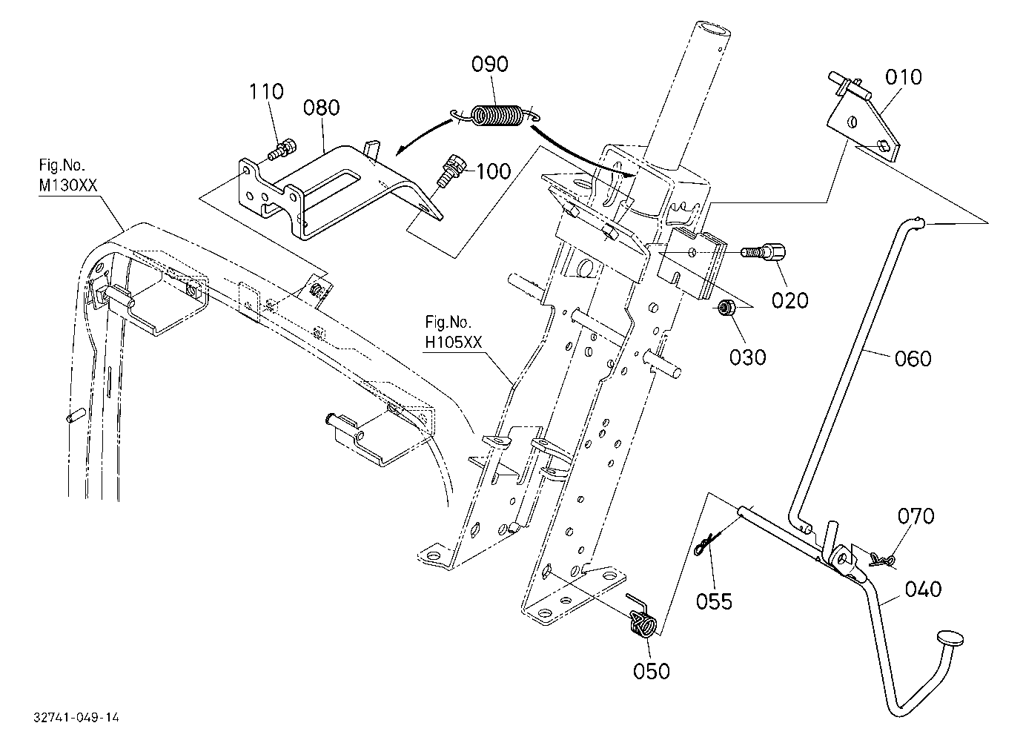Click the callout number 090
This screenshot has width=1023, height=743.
[489, 65]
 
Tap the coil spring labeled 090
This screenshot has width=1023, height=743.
[495, 116]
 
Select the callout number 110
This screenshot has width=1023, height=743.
[266, 91]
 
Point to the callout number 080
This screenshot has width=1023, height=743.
[322, 108]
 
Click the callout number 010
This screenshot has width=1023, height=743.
[904, 77]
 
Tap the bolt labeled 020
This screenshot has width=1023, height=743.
[762, 251]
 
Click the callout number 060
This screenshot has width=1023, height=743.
[913, 359]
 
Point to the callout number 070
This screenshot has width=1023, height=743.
[916, 516]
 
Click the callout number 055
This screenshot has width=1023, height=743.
[715, 601]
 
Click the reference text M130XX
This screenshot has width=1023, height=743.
[68, 185]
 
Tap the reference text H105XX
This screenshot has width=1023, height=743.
[454, 343]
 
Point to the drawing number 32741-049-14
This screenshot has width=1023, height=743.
[76, 717]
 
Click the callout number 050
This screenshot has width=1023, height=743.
[652, 671]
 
